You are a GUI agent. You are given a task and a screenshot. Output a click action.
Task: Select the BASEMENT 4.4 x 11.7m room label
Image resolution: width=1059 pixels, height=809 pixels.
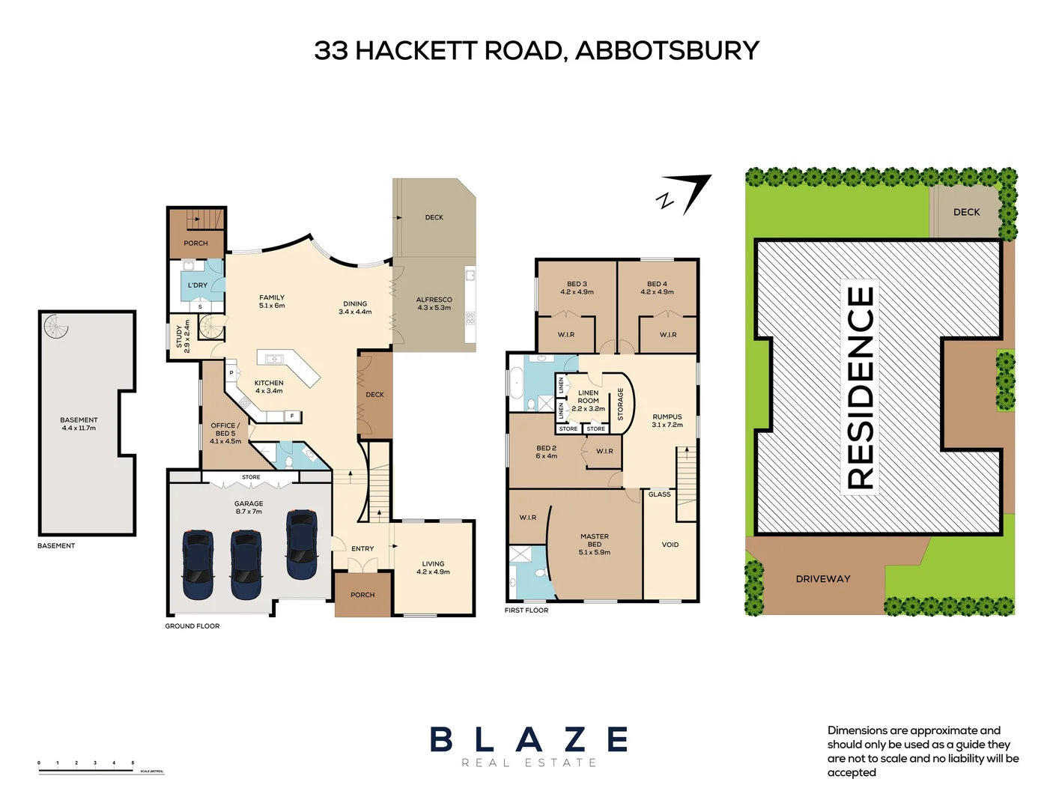79,424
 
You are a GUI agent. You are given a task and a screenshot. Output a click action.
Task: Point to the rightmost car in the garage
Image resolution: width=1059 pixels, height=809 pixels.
302,545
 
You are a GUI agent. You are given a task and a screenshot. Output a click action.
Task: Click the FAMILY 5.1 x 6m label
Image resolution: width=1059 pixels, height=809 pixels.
272,301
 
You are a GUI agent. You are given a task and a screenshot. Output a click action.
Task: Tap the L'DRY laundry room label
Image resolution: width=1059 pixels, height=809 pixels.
198,285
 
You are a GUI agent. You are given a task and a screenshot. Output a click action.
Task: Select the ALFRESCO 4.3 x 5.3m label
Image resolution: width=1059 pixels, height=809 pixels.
434,303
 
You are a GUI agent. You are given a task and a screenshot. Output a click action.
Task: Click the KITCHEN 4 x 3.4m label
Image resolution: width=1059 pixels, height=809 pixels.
269,387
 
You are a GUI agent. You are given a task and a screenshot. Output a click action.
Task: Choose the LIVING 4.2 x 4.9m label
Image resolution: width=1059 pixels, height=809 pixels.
433,568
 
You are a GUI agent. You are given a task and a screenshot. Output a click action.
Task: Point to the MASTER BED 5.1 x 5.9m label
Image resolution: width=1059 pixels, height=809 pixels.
594,545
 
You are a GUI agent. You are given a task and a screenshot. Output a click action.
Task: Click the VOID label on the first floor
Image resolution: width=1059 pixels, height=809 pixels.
670,545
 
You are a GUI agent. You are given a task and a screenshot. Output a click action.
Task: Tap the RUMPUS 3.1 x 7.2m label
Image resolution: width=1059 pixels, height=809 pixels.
667,420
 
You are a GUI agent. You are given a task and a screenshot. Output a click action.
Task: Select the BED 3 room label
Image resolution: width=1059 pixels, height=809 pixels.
577,288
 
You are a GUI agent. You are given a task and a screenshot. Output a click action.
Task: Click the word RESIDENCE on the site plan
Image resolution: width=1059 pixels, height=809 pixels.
861,388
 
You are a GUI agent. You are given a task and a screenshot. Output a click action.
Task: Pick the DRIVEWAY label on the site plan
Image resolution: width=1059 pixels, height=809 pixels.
822,579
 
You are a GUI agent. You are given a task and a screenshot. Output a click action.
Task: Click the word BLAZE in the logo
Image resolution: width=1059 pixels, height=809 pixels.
529,740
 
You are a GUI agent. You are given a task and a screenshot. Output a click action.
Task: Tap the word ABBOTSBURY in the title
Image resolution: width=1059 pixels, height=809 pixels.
667,50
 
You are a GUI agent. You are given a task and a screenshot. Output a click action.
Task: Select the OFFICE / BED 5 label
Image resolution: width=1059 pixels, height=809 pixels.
225,433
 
